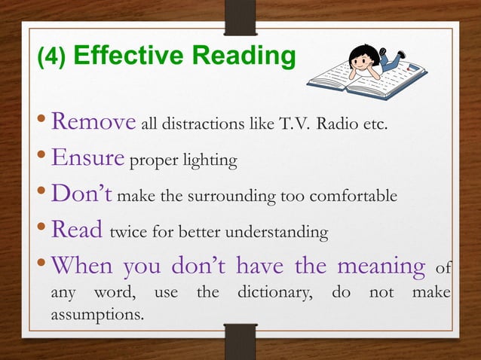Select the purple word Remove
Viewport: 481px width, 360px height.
pos(93,122)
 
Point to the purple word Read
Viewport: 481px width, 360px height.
pos(76,232)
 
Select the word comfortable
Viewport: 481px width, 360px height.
pos(353,197)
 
